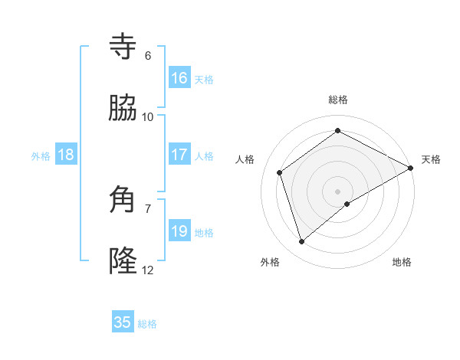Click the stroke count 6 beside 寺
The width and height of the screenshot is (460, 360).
tap(148, 55)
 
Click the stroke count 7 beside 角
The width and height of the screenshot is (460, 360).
tap(148, 208)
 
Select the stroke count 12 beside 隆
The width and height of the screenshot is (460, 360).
tap(148, 270)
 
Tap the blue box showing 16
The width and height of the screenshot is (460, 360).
tap(179, 78)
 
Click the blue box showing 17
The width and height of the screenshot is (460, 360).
tap(179, 155)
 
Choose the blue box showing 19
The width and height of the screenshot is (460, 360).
tap(179, 231)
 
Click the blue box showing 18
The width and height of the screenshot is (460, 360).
tap(66, 155)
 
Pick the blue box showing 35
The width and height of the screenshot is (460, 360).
tap(123, 322)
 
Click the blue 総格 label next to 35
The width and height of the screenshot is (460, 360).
tap(147, 324)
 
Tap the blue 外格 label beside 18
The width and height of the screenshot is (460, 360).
tap(41, 155)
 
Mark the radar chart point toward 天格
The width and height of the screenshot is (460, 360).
tap(411, 168)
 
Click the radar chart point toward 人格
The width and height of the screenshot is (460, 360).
tap(280, 172)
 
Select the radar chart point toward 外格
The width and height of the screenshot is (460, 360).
tap(301, 242)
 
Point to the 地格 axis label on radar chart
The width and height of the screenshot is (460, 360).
tap(402, 262)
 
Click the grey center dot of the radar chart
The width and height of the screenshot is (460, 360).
tap(338, 191)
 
